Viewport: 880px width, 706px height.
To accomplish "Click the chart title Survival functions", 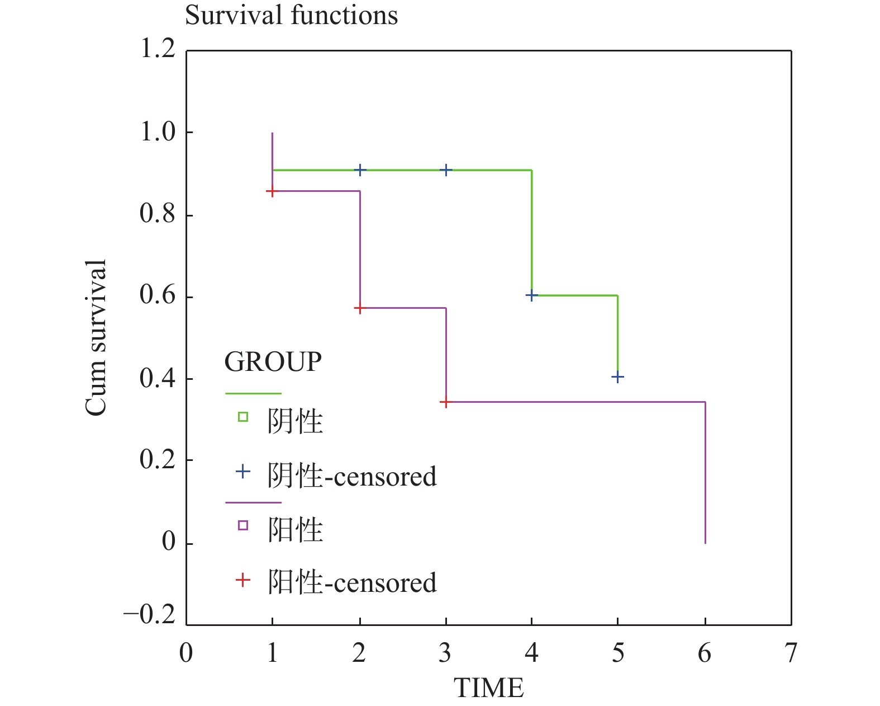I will pyautogui.click(x=291, y=15).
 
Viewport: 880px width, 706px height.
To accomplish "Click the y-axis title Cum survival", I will pyautogui.click(x=96, y=338).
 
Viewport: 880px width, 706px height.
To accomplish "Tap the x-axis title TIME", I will pyautogui.click(x=489, y=688).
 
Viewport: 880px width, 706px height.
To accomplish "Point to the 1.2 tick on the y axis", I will pyautogui.click(x=158, y=49).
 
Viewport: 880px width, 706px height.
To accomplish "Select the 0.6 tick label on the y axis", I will pyautogui.click(x=158, y=295).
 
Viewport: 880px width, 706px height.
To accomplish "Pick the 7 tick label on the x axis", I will pyautogui.click(x=791, y=653).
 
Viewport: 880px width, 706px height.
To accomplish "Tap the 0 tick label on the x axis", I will pyautogui.click(x=186, y=653).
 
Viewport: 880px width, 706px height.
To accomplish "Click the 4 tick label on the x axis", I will pyautogui.click(x=531, y=653).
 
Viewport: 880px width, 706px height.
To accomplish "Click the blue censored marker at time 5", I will pyautogui.click(x=617, y=377).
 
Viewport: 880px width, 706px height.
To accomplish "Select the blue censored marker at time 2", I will pyautogui.click(x=360, y=170).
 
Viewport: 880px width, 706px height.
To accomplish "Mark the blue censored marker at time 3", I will pyautogui.click(x=446, y=170).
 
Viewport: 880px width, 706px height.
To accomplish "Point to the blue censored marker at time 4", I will pyautogui.click(x=531, y=295).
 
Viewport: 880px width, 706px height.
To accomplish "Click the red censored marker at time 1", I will pyautogui.click(x=272, y=192).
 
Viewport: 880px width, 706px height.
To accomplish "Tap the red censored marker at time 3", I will pyautogui.click(x=445, y=402).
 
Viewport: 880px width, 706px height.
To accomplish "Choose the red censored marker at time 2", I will pyautogui.click(x=360, y=308).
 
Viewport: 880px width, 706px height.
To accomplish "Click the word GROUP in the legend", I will pyautogui.click(x=273, y=362).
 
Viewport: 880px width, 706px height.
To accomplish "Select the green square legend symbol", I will pyautogui.click(x=243, y=417).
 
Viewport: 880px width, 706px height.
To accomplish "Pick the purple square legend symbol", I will pyautogui.click(x=243, y=525).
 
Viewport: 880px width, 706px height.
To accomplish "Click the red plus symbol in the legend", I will pyautogui.click(x=243, y=580).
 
